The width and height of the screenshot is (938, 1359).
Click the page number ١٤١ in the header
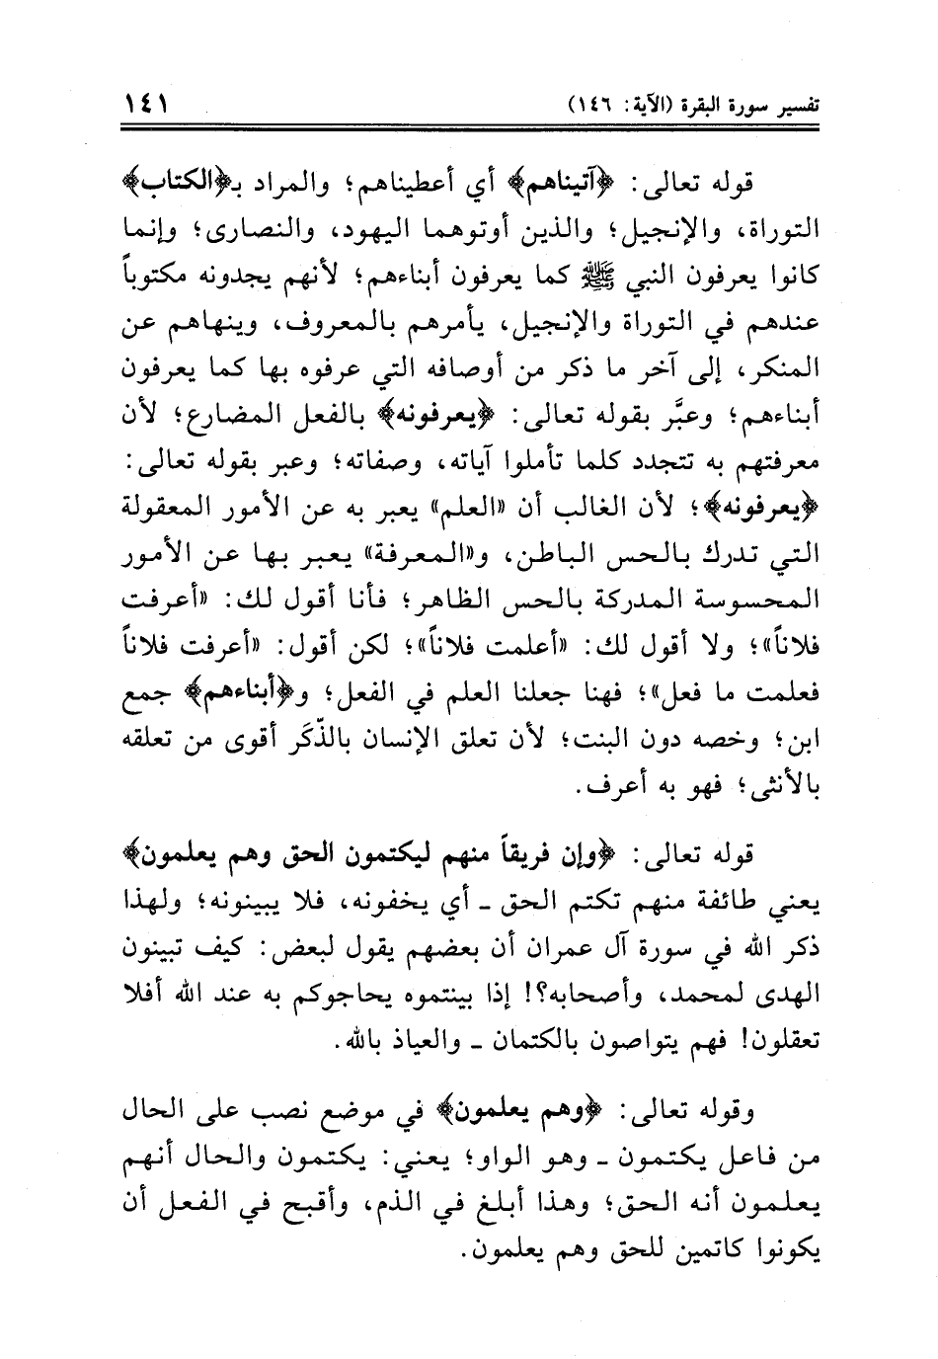click(x=145, y=101)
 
